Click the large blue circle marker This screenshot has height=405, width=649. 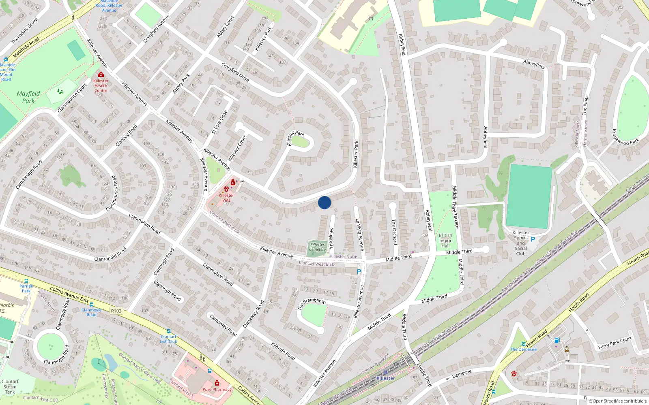324,202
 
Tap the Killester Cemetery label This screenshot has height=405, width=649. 317,247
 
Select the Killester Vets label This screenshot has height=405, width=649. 226,198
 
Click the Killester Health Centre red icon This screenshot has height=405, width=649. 101,75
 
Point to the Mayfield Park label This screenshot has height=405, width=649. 28,97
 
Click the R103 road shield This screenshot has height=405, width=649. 116,311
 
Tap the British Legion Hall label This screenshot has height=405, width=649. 445,241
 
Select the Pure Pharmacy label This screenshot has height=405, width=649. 217,390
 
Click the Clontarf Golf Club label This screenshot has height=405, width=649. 168,339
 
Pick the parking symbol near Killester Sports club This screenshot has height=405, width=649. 533,239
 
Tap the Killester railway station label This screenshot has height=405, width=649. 385,378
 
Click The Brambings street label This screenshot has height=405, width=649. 312,303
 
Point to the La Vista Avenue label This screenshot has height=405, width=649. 359,234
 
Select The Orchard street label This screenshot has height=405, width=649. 394,232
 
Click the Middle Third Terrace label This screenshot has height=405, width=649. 455,207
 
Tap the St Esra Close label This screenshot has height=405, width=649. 219,122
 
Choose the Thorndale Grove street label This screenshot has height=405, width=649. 24,31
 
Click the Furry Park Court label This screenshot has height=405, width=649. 615,343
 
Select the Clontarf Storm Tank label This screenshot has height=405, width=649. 10,387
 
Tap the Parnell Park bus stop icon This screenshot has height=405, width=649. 26,281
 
